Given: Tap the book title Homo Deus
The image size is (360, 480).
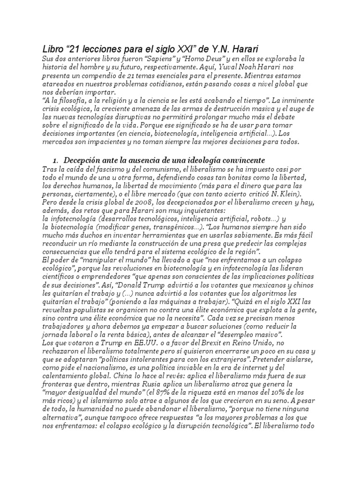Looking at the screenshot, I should point(198,59).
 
